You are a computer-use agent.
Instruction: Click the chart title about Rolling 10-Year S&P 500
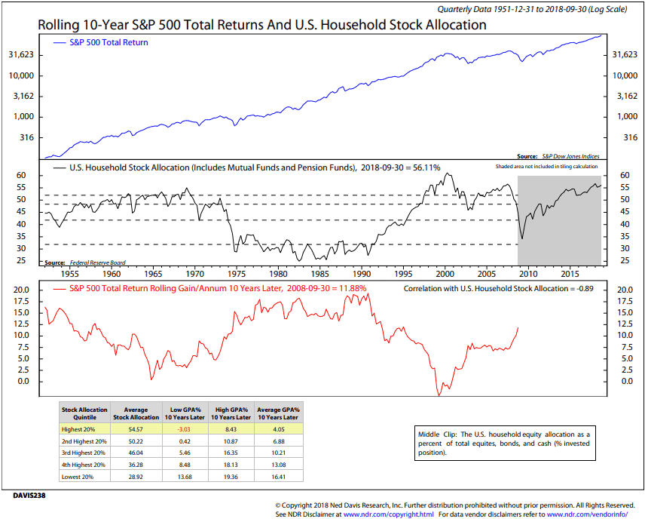click(x=261, y=25)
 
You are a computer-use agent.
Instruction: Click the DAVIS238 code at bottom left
click(x=29, y=496)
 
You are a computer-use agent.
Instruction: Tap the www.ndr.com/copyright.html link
click(x=388, y=514)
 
